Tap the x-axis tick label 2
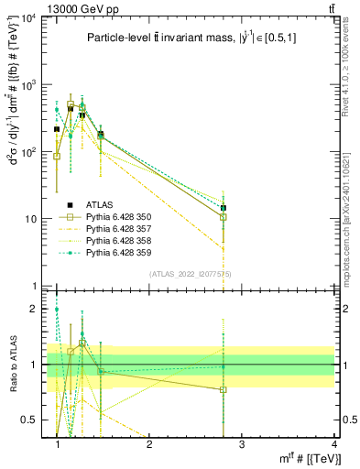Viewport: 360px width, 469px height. (149, 444)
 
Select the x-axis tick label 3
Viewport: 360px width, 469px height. (241, 444)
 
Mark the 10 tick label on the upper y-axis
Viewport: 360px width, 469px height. (32, 219)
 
